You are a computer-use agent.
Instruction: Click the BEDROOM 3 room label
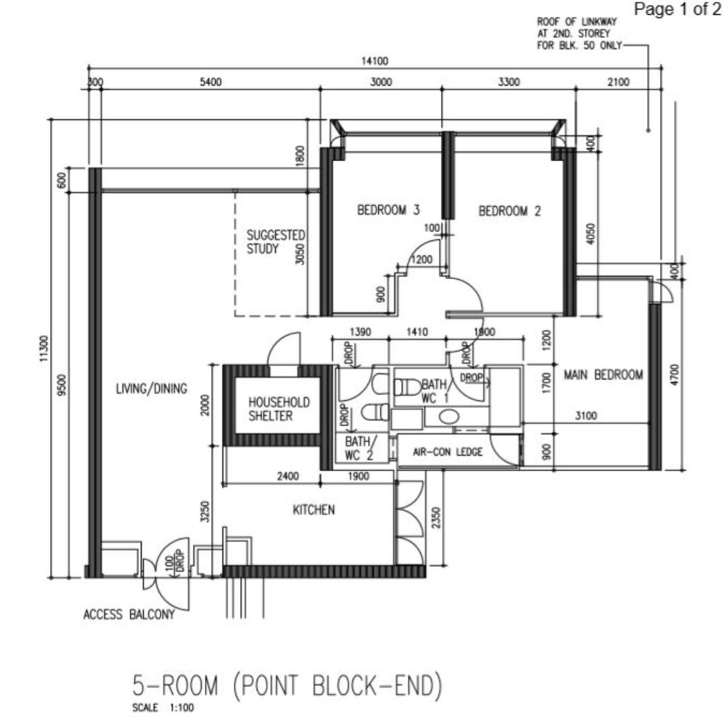tap(388, 210)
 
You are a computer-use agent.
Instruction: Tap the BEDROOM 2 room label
tap(510, 211)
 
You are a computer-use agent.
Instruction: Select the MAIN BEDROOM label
tap(603, 375)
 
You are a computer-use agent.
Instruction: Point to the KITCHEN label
tap(313, 510)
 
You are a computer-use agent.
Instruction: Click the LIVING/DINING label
tap(152, 389)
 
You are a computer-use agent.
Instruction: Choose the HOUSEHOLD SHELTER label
tap(278, 409)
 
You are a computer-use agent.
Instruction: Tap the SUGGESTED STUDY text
tap(275, 242)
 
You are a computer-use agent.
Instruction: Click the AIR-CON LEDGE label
tap(448, 452)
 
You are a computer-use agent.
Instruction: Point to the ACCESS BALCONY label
tap(129, 615)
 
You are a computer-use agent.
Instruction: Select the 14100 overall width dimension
tap(375, 61)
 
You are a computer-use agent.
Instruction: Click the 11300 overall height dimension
tap(44, 348)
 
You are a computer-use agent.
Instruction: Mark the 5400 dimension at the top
tap(211, 82)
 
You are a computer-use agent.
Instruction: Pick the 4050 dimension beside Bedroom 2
tap(590, 234)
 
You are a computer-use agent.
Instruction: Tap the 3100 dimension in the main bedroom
tap(586, 415)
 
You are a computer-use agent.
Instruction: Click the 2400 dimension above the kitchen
tap(288, 477)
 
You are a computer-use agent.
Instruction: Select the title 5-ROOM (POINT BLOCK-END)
tap(287, 686)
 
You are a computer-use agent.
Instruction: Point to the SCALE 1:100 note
tap(163, 708)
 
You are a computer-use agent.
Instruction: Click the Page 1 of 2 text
tap(677, 9)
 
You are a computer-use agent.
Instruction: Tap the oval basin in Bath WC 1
tap(448, 417)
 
